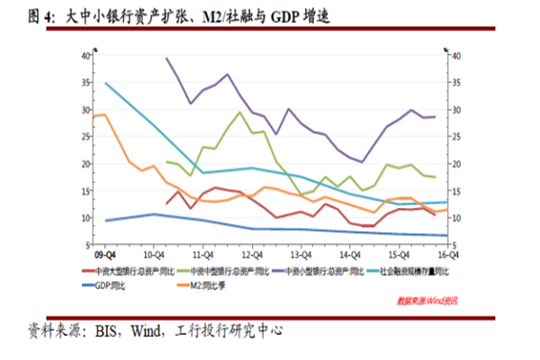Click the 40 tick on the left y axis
(x=85, y=55)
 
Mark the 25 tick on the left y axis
(x=85, y=136)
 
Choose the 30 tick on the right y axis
(x=456, y=109)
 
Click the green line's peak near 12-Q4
(x=238, y=112)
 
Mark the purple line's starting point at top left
(x=166, y=58)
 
